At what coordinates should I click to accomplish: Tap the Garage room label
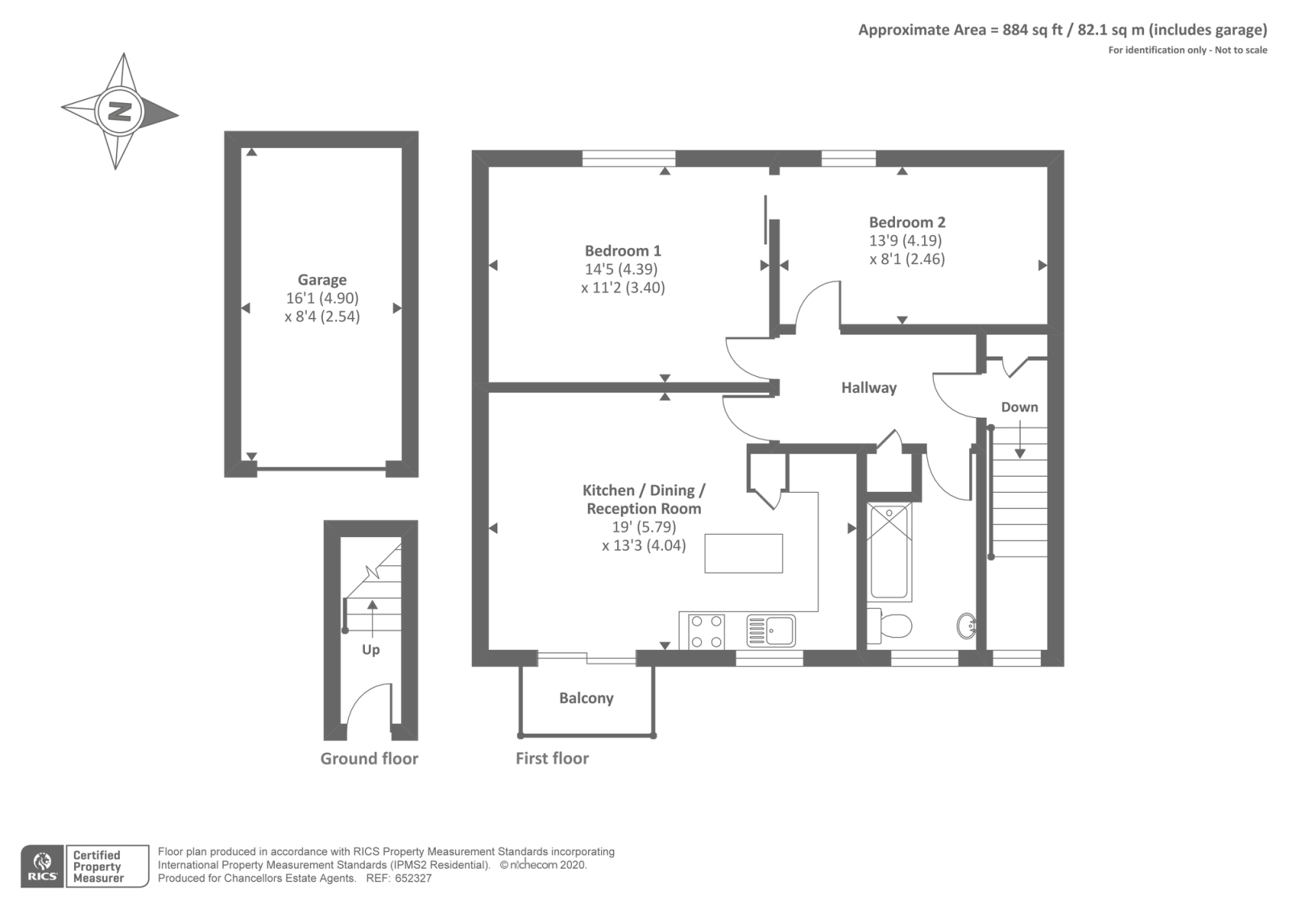[x=322, y=279]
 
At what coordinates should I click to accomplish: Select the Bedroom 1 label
[x=623, y=250]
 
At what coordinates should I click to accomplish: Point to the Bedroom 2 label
[x=906, y=222]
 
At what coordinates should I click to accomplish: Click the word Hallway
[x=868, y=388]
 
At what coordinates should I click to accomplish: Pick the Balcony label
[x=586, y=698]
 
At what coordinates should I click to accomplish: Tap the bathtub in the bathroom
[x=889, y=551]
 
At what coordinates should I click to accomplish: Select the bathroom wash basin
[x=967, y=625]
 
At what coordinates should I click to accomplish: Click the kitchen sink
[x=771, y=631]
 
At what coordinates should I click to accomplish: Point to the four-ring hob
[x=706, y=631]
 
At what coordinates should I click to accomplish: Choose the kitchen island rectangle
[x=743, y=553]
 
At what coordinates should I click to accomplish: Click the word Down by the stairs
[x=1019, y=407]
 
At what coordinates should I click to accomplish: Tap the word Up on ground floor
[x=371, y=650]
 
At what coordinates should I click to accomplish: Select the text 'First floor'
[x=552, y=759]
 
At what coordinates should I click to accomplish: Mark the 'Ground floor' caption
[x=369, y=759]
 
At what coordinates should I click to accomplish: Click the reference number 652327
[x=412, y=879]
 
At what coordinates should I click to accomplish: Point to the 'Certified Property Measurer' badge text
[x=97, y=867]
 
